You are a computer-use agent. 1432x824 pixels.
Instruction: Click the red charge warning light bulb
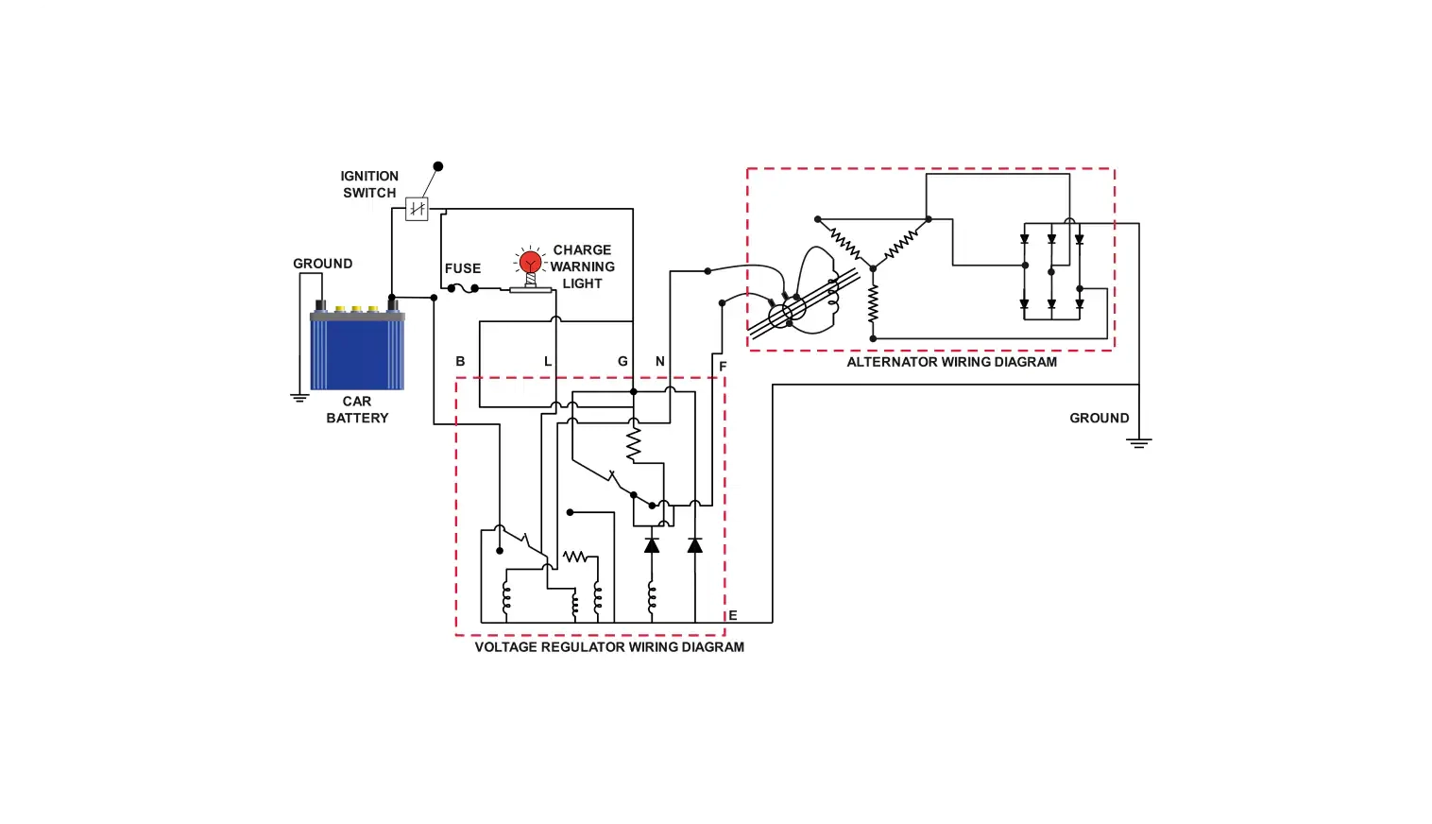pos(531,262)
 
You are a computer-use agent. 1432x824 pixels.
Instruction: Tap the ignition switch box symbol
pos(417,209)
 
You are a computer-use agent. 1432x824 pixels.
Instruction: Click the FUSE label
pos(463,268)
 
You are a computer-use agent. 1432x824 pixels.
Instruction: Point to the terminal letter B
pos(460,361)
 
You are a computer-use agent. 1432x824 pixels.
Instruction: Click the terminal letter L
pos(548,361)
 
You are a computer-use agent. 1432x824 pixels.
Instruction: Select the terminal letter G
pos(622,361)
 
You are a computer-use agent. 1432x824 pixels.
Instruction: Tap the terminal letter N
pos(660,361)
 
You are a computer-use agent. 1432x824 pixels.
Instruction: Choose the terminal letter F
pos(723,367)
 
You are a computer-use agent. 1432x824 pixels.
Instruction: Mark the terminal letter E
pos(732,615)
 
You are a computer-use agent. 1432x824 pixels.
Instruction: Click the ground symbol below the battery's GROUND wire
pos(299,398)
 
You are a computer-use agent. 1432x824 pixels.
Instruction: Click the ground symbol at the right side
pos(1139,442)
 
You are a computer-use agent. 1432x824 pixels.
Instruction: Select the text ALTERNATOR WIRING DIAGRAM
pos(951,362)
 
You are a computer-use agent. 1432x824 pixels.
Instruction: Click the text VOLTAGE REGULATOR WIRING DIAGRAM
pos(609,647)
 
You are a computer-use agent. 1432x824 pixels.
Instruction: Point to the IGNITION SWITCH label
pos(369,184)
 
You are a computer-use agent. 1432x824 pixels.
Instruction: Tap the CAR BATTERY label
pos(357,409)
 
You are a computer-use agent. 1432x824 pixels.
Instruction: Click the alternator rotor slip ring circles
pos(787,312)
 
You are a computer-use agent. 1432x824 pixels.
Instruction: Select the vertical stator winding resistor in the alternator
pos(873,304)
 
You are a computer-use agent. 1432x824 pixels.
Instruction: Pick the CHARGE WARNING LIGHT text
pos(582,266)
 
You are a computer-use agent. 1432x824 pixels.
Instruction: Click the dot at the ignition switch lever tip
pos(438,166)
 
